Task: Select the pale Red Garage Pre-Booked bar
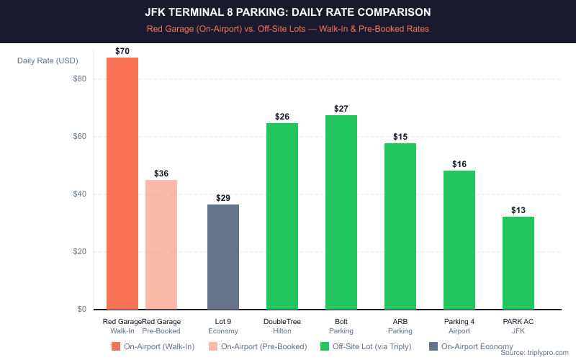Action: tap(161, 245)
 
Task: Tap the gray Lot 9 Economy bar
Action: tap(223, 257)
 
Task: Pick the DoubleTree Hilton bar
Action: tap(282, 216)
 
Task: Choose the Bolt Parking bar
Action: tap(341, 212)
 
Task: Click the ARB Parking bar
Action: tap(400, 226)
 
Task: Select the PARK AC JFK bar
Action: tap(518, 263)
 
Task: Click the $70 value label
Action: tap(122, 51)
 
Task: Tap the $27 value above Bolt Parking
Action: tap(341, 109)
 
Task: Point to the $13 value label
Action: tap(518, 210)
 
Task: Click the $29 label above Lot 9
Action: tap(223, 198)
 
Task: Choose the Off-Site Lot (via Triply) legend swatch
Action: tap(323, 346)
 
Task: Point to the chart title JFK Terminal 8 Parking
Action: tap(288, 13)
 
